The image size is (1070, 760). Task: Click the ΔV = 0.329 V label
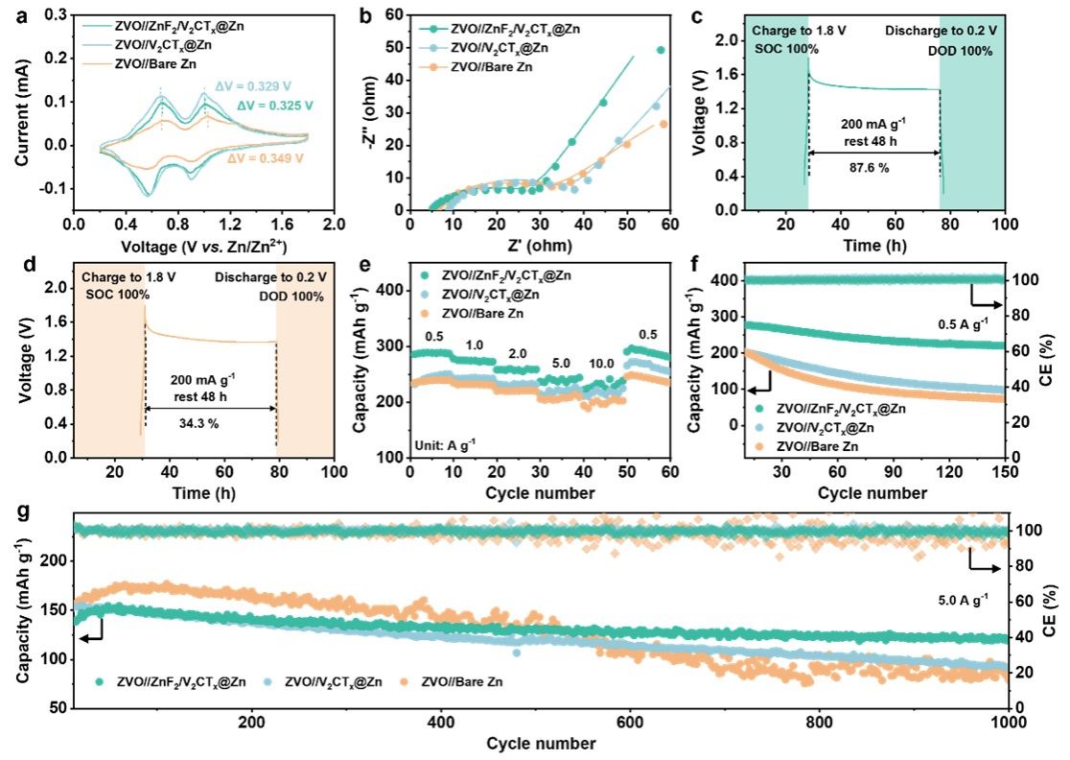248,86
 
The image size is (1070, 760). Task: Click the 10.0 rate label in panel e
604,366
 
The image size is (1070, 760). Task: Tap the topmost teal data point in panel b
661,50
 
